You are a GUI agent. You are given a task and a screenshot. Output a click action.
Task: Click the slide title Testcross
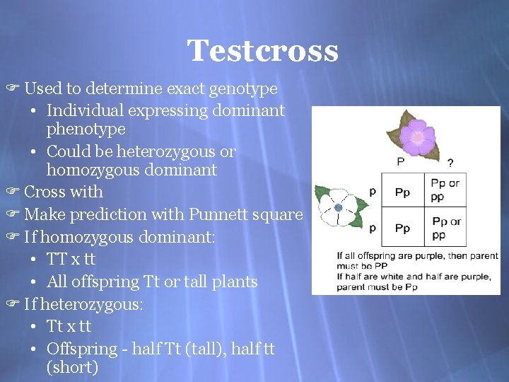[262, 51]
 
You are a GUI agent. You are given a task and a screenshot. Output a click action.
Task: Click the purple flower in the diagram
[418, 136]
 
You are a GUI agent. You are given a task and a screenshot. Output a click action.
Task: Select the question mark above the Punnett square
[450, 162]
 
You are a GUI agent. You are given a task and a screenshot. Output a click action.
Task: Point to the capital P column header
[401, 161]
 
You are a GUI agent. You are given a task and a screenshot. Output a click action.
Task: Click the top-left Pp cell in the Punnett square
[402, 192]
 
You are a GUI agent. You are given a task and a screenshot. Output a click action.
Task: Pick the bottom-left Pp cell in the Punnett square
[402, 228]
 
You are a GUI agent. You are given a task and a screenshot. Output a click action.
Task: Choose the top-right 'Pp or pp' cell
[445, 190]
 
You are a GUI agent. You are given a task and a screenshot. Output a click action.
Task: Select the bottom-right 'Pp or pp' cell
[446, 228]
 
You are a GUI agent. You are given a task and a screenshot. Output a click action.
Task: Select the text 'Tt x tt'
[69, 327]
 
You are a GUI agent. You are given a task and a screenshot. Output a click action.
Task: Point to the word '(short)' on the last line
[71, 368]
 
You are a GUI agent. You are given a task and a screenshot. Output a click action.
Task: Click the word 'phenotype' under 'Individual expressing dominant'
[86, 129]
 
